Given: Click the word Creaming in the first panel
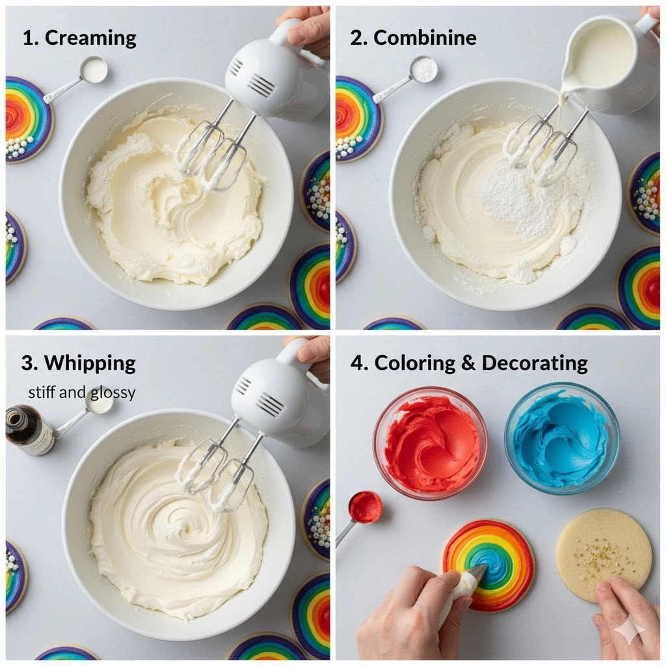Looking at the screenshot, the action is (90, 38).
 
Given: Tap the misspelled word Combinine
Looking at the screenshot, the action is (425, 38).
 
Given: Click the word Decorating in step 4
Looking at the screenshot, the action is (535, 363).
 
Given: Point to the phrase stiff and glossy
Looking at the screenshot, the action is (81, 392).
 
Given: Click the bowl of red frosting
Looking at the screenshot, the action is (429, 442).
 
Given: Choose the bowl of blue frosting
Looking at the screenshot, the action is (563, 438).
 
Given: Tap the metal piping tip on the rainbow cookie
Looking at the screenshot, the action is (478, 572).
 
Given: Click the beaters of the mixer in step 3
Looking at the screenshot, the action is (217, 475).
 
